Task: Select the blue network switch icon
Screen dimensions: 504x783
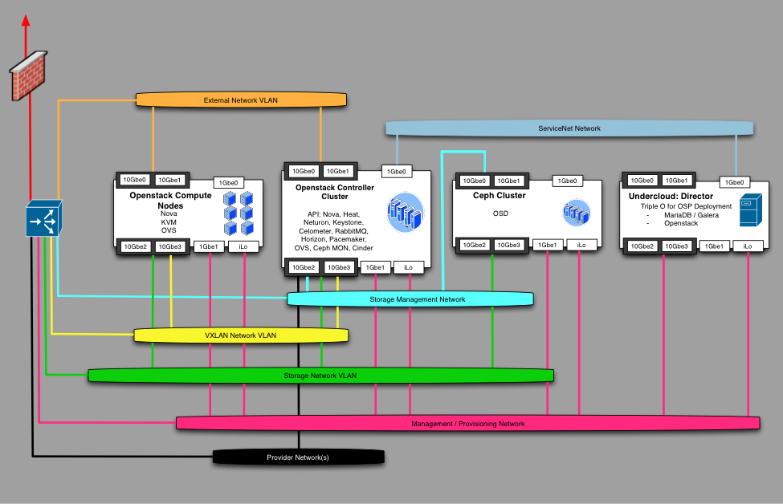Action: (x=43, y=217)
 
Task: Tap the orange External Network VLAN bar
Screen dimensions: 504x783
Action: (x=241, y=100)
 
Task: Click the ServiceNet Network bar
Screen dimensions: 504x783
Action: (x=569, y=128)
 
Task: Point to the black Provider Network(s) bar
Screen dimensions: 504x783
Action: (x=298, y=457)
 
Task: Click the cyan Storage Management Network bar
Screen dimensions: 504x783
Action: (x=410, y=299)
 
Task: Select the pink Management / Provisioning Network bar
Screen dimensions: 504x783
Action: (x=467, y=423)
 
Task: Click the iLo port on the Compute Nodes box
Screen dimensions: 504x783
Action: (x=244, y=246)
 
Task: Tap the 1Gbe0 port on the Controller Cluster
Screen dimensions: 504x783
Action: (x=397, y=171)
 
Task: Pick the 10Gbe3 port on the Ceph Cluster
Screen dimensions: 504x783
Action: (x=508, y=245)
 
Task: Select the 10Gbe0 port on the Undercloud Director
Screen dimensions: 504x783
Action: (x=642, y=181)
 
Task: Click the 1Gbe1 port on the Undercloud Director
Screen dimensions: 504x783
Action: (x=714, y=246)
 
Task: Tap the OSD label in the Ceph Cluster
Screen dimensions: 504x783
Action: (x=500, y=213)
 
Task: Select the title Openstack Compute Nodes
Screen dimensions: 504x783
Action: (x=170, y=200)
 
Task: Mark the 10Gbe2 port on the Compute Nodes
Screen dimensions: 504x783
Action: (x=135, y=246)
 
